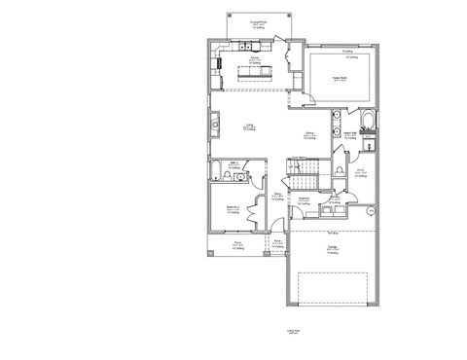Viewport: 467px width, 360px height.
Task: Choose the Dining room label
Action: (x=307, y=135)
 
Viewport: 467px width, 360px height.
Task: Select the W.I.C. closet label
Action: (x=360, y=172)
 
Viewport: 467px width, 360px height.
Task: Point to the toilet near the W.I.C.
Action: (x=336, y=168)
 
